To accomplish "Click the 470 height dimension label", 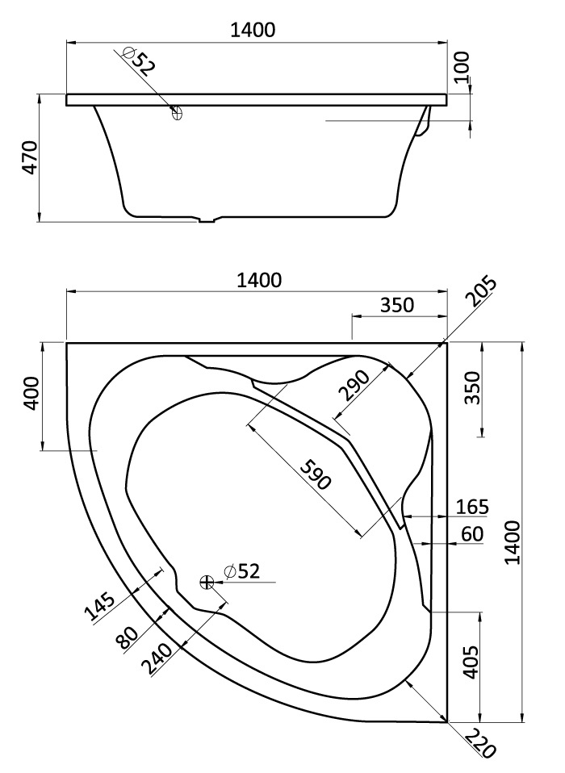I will point(28,159).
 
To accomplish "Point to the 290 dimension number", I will point(354,386).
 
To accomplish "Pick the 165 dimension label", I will point(472,507).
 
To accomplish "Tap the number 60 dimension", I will point(472,533).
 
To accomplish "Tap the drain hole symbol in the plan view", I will point(207,581).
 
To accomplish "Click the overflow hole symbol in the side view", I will point(178,114).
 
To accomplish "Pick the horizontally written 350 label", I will point(396,305).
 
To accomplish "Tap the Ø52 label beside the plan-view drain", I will point(242,572).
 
